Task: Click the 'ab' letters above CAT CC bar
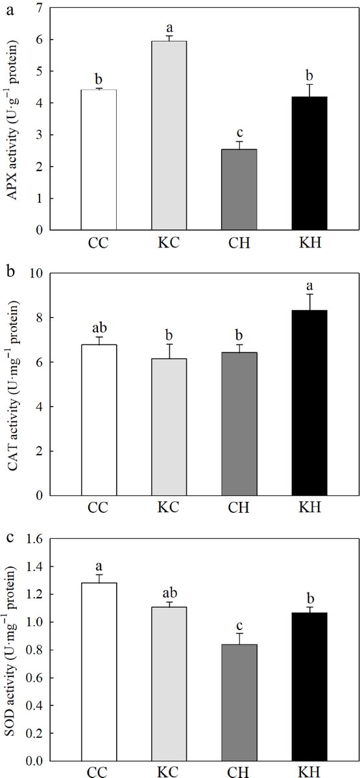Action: pyautogui.click(x=99, y=327)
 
